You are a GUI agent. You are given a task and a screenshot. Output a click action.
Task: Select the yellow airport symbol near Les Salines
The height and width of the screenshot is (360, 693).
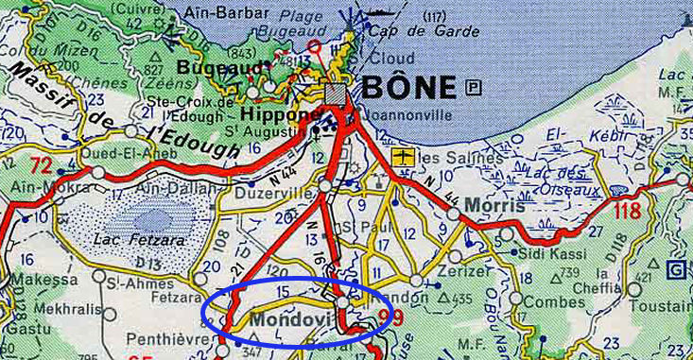coord(403,156)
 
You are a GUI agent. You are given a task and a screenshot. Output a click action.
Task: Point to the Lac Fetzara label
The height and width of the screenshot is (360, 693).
coord(133,240)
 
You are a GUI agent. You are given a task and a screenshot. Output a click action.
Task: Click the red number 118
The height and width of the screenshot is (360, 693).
coord(628,210)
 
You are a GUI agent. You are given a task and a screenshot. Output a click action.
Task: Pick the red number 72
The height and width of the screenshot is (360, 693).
coord(41,166)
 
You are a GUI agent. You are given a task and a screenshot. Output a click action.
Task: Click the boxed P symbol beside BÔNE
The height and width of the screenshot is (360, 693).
coord(474,88)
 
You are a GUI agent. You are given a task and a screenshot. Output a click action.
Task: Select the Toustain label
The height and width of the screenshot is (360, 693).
coord(664,307)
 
